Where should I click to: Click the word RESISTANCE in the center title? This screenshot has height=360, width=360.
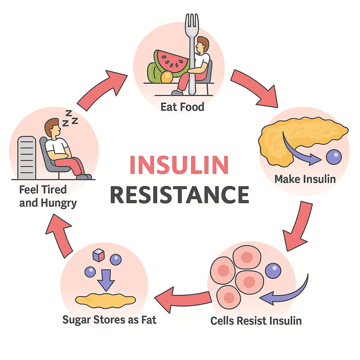point(179,194)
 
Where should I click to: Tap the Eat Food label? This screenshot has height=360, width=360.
point(182,107)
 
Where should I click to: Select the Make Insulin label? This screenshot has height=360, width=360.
point(305,179)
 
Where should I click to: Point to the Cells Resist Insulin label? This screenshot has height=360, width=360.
point(256,321)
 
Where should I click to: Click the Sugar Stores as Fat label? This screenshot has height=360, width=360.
point(109,320)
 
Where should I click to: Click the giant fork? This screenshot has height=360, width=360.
point(192,53)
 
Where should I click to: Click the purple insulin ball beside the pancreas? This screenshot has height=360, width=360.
point(333,157)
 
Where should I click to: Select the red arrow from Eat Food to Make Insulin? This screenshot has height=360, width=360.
point(253,88)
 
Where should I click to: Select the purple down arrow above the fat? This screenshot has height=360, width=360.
point(106,280)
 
